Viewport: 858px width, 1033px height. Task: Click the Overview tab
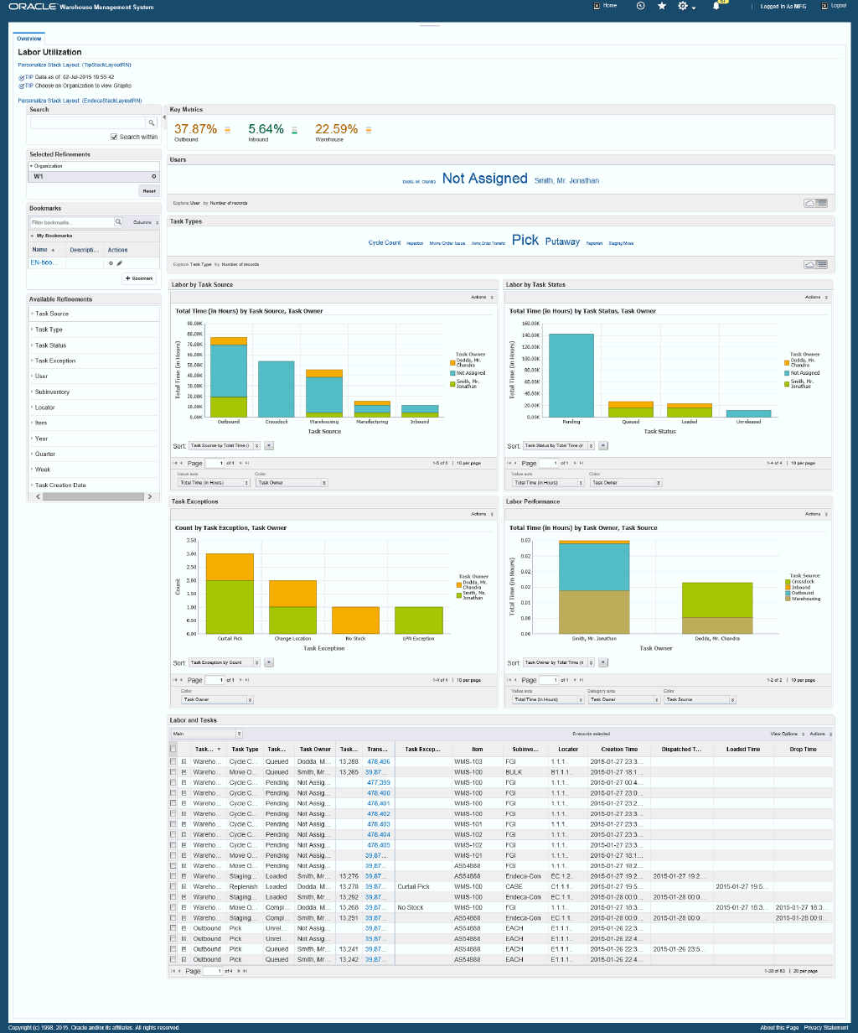click(28, 39)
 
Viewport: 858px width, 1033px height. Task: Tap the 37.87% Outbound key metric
click(195, 129)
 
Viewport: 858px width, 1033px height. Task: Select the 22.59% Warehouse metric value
click(336, 129)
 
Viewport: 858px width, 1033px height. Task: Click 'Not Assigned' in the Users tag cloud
click(484, 179)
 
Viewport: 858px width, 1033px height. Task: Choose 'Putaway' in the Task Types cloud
click(562, 241)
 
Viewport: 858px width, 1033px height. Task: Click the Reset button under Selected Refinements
click(148, 190)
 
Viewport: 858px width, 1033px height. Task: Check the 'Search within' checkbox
click(114, 137)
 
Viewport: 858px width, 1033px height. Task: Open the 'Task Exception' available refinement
click(55, 361)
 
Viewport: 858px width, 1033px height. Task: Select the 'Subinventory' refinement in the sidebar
click(52, 392)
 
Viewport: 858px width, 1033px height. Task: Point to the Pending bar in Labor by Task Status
click(571, 375)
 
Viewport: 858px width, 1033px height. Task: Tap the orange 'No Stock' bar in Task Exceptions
click(355, 620)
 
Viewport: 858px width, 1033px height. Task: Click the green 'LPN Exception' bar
click(418, 620)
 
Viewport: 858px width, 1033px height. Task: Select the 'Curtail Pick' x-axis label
click(230, 639)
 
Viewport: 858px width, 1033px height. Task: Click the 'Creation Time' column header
click(619, 749)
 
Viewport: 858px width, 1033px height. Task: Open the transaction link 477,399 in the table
click(379, 782)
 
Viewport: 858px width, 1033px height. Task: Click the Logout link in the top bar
click(839, 6)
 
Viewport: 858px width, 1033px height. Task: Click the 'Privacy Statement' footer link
click(826, 1027)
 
